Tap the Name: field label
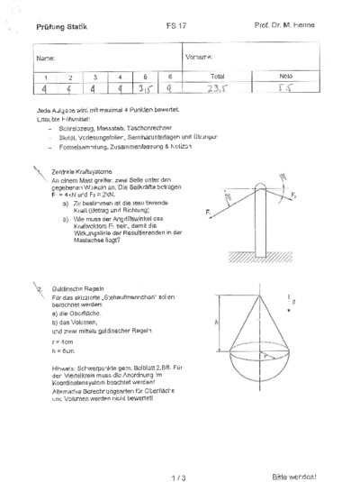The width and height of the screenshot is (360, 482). [46, 59]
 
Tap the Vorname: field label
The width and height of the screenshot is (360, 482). [198, 58]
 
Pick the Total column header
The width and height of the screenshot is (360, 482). [217, 77]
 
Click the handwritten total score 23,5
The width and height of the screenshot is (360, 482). [217, 89]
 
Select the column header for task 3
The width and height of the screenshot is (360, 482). [94, 77]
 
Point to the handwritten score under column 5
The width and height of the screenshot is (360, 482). [144, 89]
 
